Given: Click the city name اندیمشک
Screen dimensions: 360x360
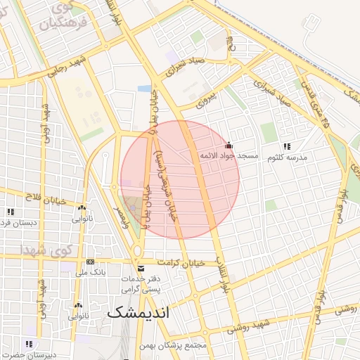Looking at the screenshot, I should point(139,314).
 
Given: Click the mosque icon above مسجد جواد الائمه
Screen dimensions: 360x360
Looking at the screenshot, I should point(228,145).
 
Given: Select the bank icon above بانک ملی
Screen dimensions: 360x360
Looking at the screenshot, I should point(90,262).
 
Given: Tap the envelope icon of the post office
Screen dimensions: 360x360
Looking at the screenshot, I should point(141,269).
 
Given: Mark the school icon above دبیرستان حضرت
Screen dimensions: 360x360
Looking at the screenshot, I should point(29,344).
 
